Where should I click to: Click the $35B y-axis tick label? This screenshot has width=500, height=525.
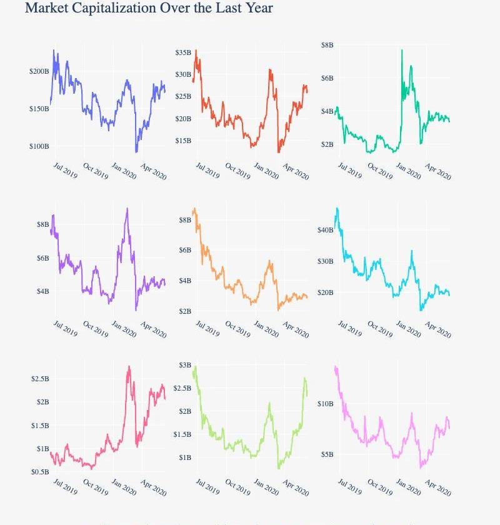(183, 52)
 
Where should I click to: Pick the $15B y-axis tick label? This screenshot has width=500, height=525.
(183, 141)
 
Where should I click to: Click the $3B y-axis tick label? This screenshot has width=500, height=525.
(185, 365)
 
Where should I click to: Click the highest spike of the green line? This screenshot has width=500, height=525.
(402, 50)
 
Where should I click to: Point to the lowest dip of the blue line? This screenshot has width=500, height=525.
(136, 152)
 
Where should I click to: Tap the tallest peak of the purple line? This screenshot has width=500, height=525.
(127, 209)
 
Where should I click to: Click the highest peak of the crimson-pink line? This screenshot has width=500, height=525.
(129, 367)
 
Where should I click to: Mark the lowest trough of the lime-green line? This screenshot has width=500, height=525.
(279, 467)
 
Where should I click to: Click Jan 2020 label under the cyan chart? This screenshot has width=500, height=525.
(408, 328)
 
